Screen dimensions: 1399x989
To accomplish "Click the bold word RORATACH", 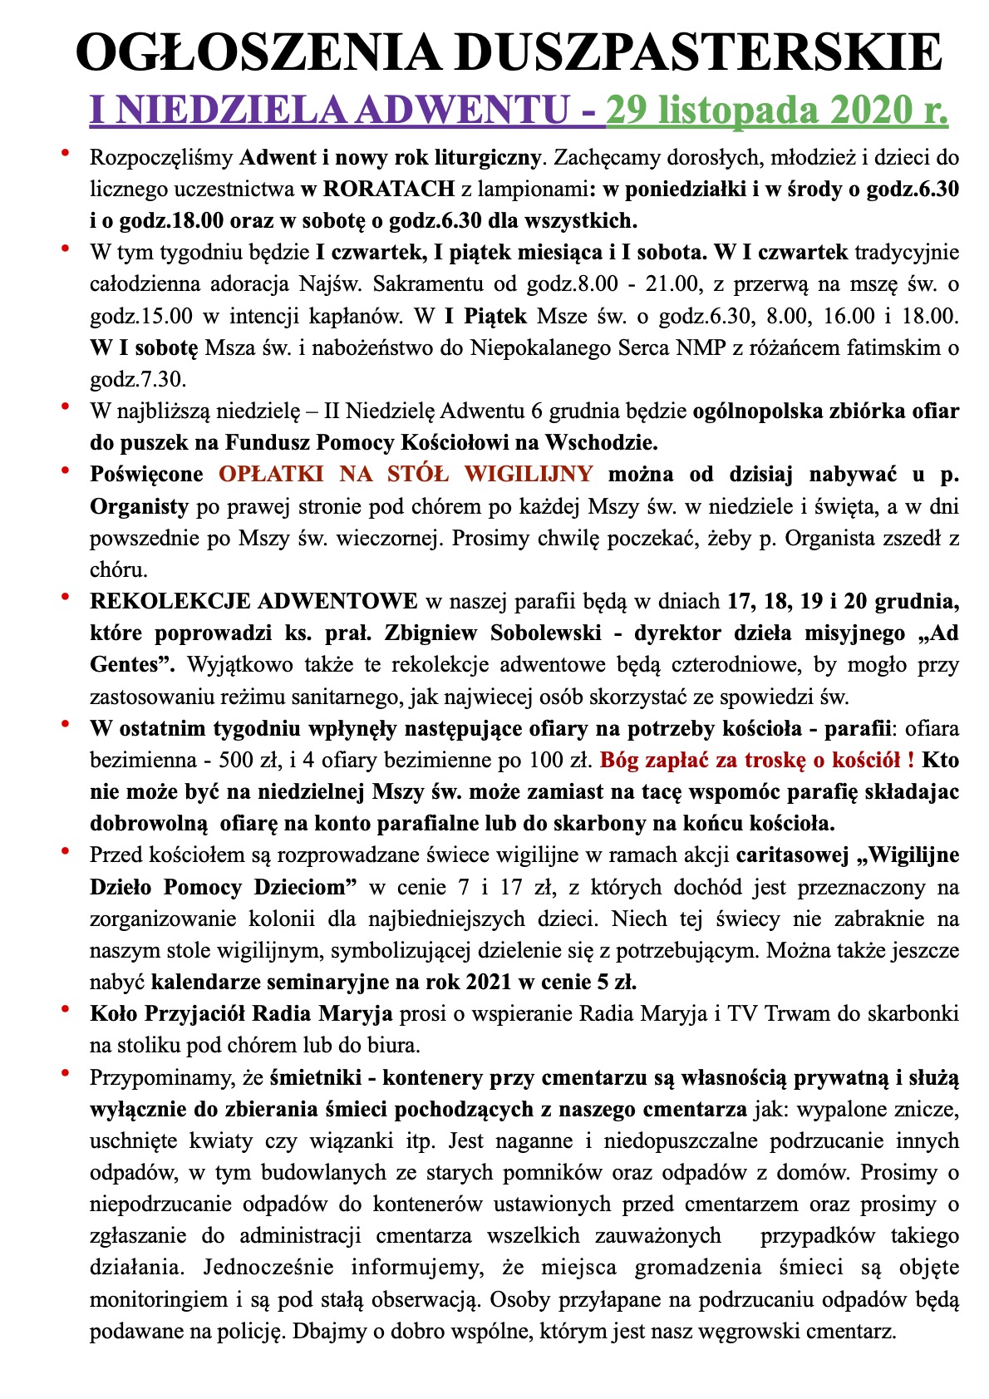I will (x=388, y=189).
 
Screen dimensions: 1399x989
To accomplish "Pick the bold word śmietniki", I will (x=316, y=1077).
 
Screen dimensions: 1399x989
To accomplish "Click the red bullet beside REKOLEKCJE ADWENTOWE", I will (x=65, y=597).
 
